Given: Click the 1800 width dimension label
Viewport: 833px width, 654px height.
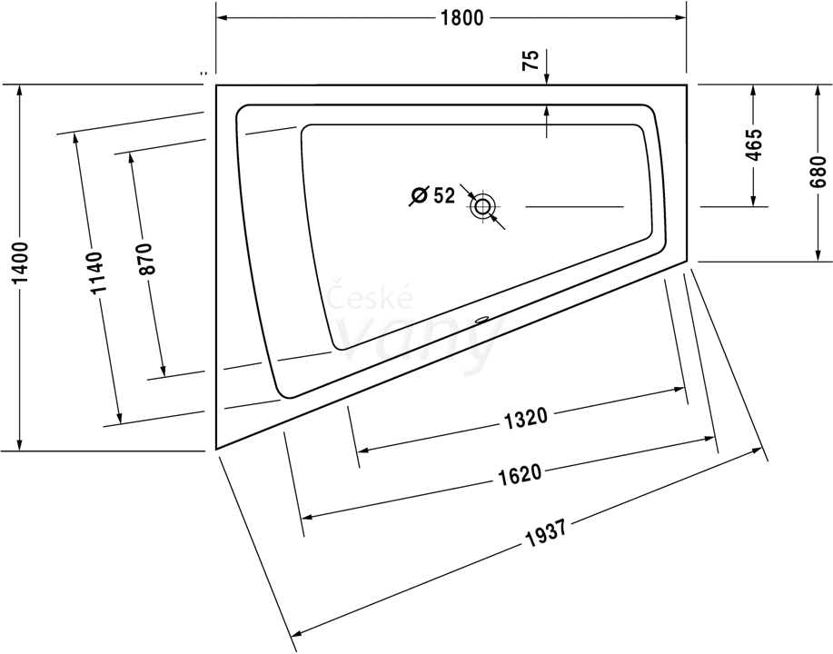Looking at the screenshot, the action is pos(462,18).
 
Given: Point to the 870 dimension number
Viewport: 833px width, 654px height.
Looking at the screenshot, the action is pos(145,259).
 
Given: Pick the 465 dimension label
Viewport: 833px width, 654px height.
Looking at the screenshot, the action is pos(753,144).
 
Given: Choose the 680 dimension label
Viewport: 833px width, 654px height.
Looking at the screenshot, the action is pos(818,171).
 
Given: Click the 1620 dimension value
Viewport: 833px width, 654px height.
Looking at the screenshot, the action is pos(521,473).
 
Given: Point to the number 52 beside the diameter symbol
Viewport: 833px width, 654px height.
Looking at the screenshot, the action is pos(444,195).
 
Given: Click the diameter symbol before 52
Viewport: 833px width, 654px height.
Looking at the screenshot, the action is pos(419,195).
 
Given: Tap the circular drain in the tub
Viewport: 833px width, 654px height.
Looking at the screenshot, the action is pos(482,205).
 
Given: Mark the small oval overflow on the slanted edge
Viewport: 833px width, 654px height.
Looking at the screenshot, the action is pos(481,320).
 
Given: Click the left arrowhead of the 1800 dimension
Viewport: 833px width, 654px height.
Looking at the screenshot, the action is pos(222,18).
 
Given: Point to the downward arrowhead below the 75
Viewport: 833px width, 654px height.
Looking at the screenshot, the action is pos(547,79).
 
